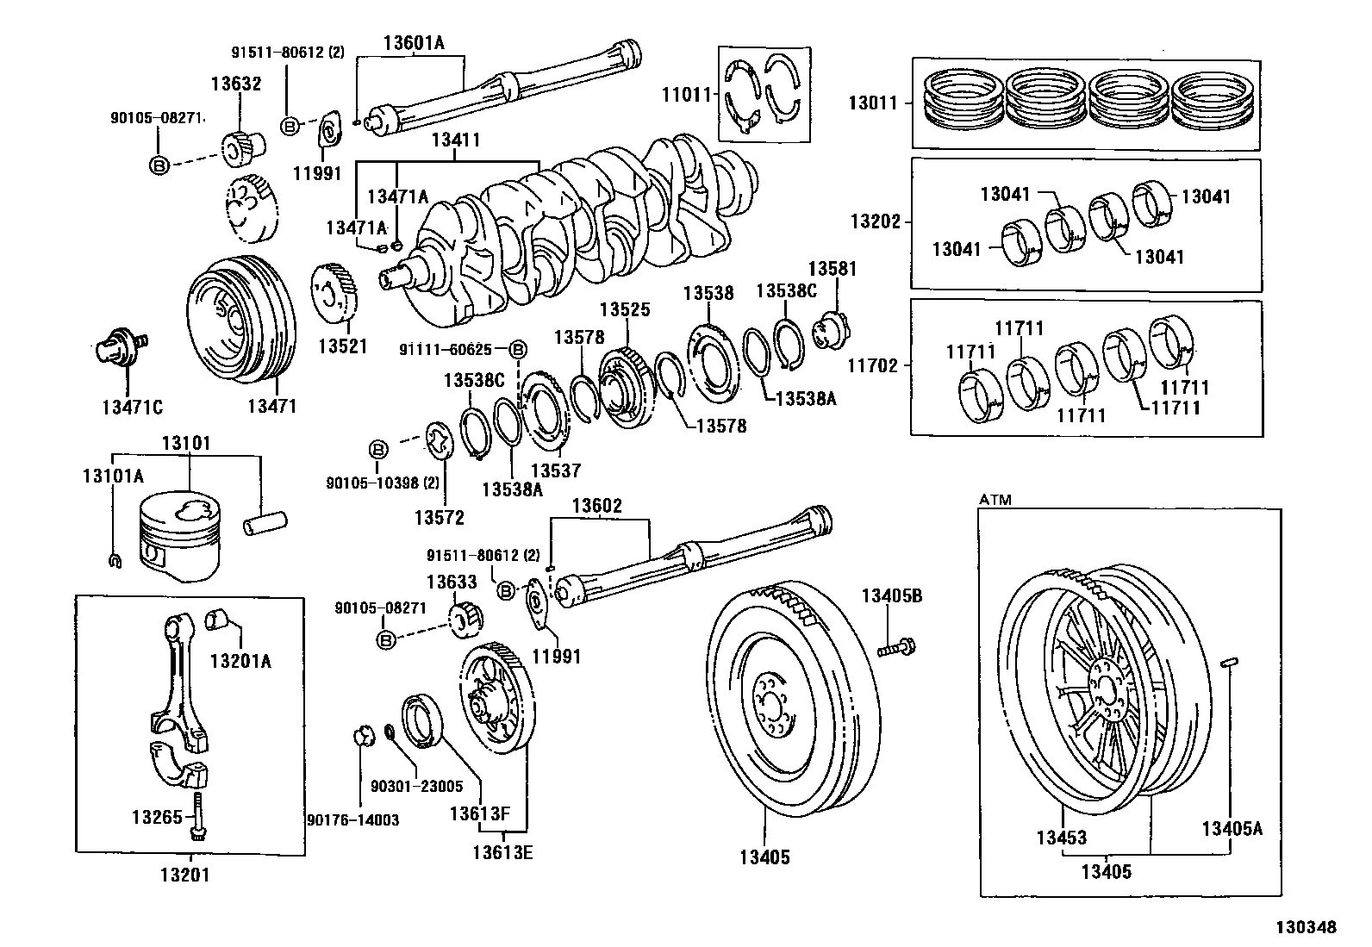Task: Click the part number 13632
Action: pyautogui.click(x=236, y=84)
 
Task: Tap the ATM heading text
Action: pyautogui.click(x=995, y=500)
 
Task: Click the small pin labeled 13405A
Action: pyautogui.click(x=1231, y=663)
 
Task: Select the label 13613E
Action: pyautogui.click(x=502, y=852)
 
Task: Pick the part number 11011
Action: pyautogui.click(x=686, y=95)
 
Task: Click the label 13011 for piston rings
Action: pyautogui.click(x=872, y=103)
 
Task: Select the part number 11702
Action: pyautogui.click(x=874, y=365)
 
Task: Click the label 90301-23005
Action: pyautogui.click(x=416, y=786)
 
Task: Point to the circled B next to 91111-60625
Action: pyautogui.click(x=517, y=349)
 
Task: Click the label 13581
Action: pyautogui.click(x=832, y=269)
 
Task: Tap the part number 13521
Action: pyautogui.click(x=342, y=346)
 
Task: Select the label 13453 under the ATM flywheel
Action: pyautogui.click(x=1061, y=838)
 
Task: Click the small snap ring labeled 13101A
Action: pyautogui.click(x=114, y=562)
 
